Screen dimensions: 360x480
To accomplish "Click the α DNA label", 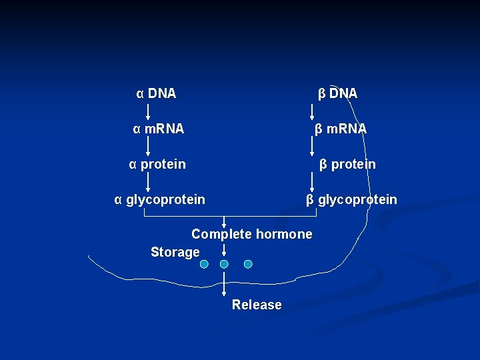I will click(156, 93).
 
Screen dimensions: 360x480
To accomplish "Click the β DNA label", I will click(337, 93).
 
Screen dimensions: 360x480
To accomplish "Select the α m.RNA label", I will click(158, 129).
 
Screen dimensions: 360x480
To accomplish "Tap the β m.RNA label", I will click(341, 129).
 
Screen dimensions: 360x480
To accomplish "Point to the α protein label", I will click(157, 164).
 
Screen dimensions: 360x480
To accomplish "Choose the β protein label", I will click(347, 164).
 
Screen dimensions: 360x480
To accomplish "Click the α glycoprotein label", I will click(160, 199).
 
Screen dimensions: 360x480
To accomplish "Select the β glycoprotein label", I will click(351, 199).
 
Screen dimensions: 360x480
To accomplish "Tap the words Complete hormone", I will click(251, 234).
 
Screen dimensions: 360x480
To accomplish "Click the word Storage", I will click(175, 252).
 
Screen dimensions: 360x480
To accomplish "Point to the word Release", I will click(257, 305).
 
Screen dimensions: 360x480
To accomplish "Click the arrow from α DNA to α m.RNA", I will click(147, 111).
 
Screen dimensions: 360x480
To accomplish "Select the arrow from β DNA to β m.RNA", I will click(313, 111).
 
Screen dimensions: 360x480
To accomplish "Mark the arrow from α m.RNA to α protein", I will click(147, 147).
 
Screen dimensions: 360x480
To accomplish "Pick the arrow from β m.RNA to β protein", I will click(313, 147).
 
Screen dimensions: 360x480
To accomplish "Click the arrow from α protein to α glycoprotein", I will click(147, 181).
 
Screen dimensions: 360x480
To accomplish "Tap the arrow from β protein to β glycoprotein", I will click(313, 181).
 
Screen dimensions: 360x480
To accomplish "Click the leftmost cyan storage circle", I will click(205, 264).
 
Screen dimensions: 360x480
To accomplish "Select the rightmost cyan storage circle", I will click(248, 264).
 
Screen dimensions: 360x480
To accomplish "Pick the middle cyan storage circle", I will click(224, 264).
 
